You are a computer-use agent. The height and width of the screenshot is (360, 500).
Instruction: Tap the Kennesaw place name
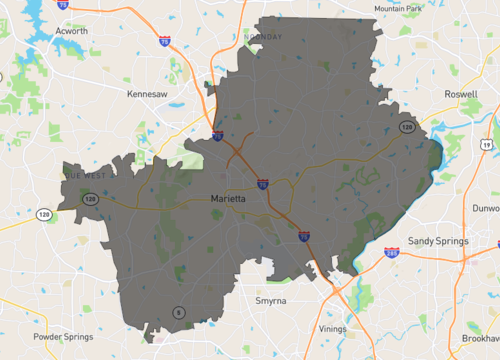147,93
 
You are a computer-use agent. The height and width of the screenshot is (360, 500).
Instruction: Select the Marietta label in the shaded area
230,199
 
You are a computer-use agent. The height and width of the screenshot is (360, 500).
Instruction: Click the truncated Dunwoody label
486,208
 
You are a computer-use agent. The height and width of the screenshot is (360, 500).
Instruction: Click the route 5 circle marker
178,312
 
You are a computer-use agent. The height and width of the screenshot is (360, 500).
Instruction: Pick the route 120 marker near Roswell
407,128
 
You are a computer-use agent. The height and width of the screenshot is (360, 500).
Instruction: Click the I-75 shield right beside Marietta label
262,185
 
